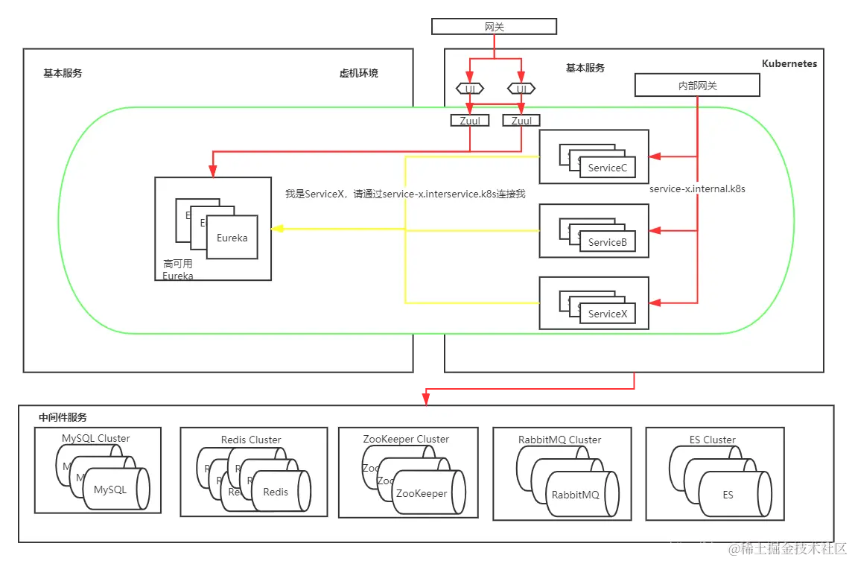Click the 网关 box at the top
495,27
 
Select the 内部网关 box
696,86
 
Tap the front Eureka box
232,238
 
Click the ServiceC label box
608,168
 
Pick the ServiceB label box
608,242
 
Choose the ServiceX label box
608,314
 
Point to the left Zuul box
469,121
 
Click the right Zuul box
521,121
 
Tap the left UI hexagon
470,89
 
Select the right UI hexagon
521,89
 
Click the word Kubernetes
789,64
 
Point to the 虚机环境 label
358,73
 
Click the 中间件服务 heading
63,417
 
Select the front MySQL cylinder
116,489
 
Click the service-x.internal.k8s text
697,189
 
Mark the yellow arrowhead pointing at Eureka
276,229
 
